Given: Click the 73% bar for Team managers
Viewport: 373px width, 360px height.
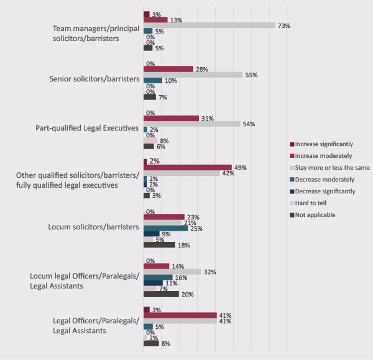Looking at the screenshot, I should (209, 25).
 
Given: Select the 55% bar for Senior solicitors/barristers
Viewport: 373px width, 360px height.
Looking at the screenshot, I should (193, 75).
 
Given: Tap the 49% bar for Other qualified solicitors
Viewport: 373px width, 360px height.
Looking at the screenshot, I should (187, 167).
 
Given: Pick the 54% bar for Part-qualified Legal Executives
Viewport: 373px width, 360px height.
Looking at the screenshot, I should (191, 124).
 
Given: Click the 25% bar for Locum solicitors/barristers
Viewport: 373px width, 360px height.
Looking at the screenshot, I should (165, 228).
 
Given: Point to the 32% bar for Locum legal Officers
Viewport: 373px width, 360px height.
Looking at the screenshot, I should (172, 272).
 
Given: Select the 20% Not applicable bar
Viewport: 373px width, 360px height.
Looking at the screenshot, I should (161, 294).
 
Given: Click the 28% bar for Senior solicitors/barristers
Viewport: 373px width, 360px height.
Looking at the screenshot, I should (168, 69).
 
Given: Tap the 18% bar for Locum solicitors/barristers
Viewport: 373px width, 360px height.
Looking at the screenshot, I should (159, 245).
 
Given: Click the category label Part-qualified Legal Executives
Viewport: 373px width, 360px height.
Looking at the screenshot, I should (94, 129).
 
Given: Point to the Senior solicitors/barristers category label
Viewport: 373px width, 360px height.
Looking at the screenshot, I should (93, 80).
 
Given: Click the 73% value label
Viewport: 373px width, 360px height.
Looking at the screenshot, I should (285, 25).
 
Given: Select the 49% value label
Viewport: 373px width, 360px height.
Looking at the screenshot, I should (240, 167).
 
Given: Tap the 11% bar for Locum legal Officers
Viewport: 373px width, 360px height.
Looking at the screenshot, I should (153, 283).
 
